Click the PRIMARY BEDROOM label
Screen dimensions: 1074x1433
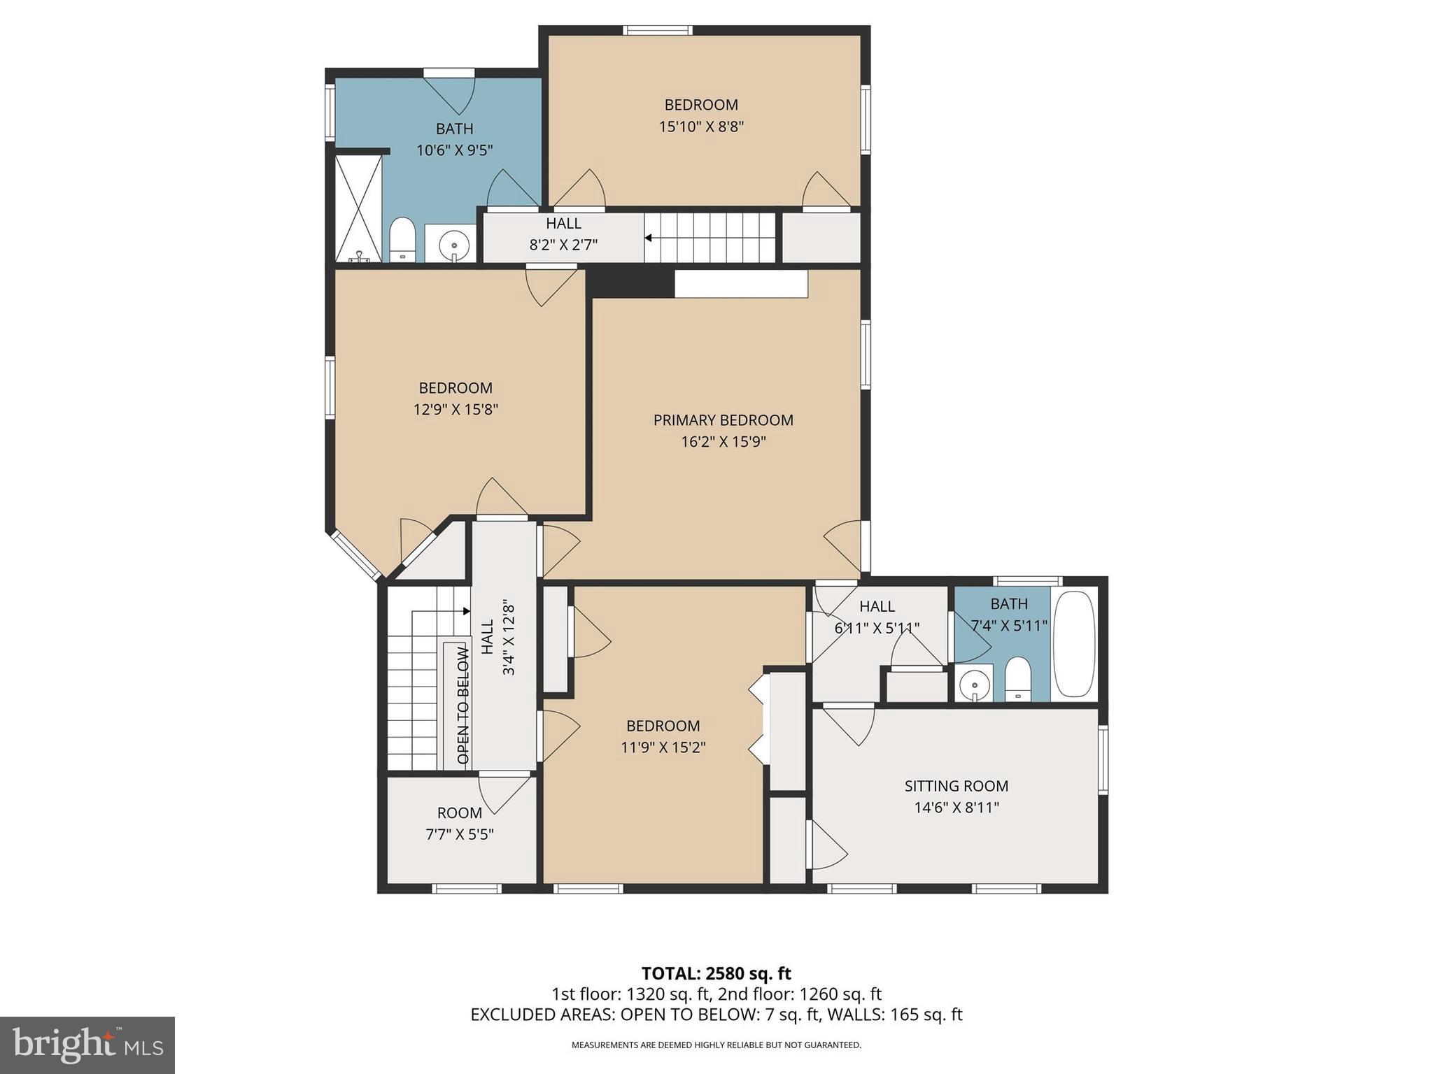pos(723,420)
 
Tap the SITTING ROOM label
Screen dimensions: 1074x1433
pos(956,786)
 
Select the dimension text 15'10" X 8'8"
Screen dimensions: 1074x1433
pos(700,127)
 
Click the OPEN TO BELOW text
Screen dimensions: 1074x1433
pos(463,705)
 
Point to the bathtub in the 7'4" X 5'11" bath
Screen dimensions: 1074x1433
pos(1073,644)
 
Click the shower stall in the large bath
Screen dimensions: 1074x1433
pos(358,208)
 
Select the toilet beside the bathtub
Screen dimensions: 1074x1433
pos(1017,679)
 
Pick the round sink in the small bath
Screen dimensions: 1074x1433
pos(974,685)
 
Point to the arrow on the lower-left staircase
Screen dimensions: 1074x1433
pos(465,610)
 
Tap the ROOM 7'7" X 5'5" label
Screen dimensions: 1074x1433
pos(460,813)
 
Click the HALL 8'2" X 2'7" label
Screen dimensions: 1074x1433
pos(563,224)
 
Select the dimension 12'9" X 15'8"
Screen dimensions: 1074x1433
pos(456,410)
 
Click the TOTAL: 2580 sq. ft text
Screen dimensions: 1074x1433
pos(716,973)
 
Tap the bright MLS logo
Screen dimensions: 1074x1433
pos(87,1045)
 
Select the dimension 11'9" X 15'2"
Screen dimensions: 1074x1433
pos(663,747)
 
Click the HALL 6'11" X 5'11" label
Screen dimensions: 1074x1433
pos(877,606)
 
